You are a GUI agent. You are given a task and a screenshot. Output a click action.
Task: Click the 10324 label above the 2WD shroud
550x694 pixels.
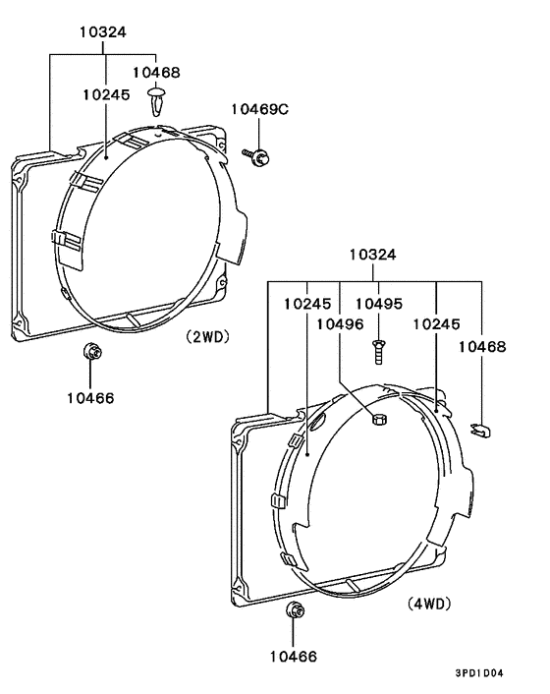coord(103,31)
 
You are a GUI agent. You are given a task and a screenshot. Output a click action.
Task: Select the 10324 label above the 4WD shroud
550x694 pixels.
coord(372,255)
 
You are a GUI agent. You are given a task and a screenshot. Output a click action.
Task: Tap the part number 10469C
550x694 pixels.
coord(260,109)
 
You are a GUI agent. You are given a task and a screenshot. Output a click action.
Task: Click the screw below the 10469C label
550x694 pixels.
coord(257,156)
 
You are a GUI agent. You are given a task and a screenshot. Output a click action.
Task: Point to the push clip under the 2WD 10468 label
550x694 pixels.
coord(156,101)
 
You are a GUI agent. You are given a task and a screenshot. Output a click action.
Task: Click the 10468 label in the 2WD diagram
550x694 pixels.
coord(156,72)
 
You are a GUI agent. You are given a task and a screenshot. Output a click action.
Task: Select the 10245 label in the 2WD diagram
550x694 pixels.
coord(106,94)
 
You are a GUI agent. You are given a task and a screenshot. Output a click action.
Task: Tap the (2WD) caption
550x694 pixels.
coord(208,337)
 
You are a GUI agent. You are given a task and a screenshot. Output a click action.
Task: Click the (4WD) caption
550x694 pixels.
coord(429,604)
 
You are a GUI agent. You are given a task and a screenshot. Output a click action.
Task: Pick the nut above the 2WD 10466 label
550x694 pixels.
coord(92,352)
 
